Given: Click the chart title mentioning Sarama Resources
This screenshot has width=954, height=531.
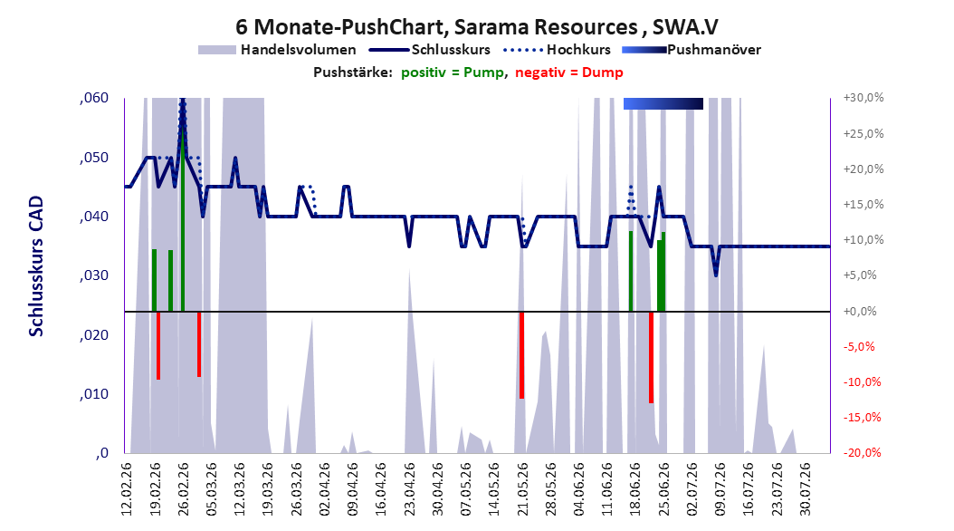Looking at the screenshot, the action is [x=476, y=27].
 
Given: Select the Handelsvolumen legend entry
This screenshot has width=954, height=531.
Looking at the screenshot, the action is [x=277, y=50].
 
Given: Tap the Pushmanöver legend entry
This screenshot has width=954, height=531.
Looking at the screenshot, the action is [x=692, y=50].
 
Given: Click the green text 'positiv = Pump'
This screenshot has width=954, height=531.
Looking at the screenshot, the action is [x=453, y=72].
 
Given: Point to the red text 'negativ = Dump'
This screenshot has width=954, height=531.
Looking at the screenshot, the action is [x=569, y=72].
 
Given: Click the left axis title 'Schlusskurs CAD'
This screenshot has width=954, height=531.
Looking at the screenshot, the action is [x=36, y=266].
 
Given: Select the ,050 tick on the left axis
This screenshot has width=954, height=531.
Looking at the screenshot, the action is [x=94, y=157].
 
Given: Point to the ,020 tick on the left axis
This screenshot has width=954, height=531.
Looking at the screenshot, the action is [x=94, y=335].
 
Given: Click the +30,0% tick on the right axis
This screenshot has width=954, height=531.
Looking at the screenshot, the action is [x=863, y=98].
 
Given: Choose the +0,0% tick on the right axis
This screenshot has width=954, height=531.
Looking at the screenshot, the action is [x=860, y=311].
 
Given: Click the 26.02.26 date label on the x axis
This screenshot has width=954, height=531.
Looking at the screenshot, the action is [x=183, y=489].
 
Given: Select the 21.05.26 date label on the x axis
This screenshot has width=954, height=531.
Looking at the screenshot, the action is [x=522, y=489].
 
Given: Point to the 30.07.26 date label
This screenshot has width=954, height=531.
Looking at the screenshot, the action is [x=805, y=489].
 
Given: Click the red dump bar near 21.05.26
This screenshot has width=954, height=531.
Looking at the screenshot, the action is [x=521, y=355].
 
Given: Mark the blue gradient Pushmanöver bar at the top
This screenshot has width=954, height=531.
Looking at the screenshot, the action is [x=663, y=103].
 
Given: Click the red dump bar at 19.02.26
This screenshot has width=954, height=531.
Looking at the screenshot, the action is [x=158, y=345].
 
